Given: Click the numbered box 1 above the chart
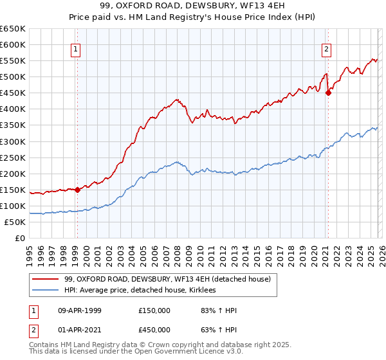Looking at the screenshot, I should tap(76, 49).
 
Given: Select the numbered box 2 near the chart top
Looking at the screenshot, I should tap(327, 49).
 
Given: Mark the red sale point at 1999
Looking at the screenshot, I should tap(77, 190).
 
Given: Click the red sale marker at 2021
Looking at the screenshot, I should tap(328, 93).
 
